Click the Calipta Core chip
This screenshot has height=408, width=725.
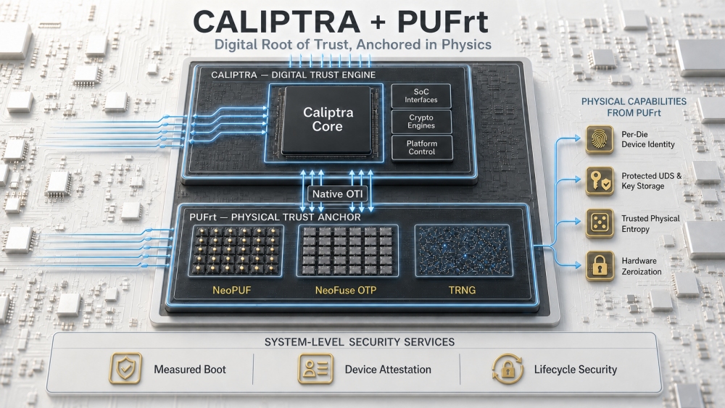pyautogui.click(x=328, y=120)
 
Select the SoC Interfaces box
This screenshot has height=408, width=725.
pyautogui.click(x=421, y=96)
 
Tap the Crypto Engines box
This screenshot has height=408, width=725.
pyautogui.click(x=421, y=122)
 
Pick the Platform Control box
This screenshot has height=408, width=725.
pyautogui.click(x=422, y=148)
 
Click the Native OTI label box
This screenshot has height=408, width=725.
pyautogui.click(x=338, y=194)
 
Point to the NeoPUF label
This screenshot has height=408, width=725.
pyautogui.click(x=232, y=290)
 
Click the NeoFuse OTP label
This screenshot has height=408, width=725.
pyautogui.click(x=346, y=290)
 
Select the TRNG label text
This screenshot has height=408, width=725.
pyautogui.click(x=462, y=290)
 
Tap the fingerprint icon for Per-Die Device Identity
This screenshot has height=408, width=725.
pyautogui.click(x=600, y=139)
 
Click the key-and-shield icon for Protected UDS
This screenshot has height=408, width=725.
pyautogui.click(x=600, y=181)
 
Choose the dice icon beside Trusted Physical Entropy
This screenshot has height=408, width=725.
pyautogui.click(x=600, y=224)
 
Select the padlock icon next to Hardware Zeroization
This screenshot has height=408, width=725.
pyautogui.click(x=600, y=266)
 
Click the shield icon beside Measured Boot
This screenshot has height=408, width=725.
pyautogui.click(x=125, y=369)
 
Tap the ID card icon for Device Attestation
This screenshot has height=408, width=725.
pyautogui.click(x=316, y=369)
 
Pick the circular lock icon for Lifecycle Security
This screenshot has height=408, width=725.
pyautogui.click(x=507, y=369)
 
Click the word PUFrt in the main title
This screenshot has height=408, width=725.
pyautogui.click(x=442, y=22)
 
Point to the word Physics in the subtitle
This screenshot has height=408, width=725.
pyautogui.click(x=466, y=45)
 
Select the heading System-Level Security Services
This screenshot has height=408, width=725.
pyautogui.click(x=360, y=342)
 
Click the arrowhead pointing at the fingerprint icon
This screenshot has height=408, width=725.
pyautogui.click(x=577, y=138)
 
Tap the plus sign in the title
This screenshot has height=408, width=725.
pyautogui.click(x=378, y=22)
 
